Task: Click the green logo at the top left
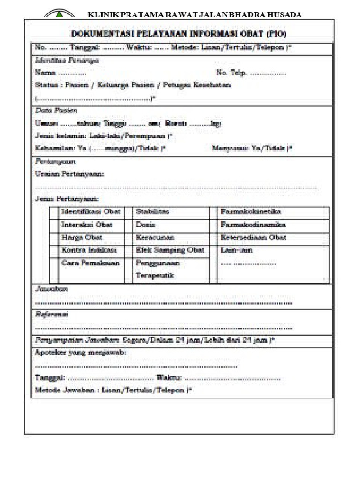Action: click(58, 14)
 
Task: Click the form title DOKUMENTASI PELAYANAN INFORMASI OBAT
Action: click(179, 33)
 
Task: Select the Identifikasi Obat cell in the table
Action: click(91, 212)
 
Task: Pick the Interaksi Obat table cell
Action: click(87, 225)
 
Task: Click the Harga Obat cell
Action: click(82, 237)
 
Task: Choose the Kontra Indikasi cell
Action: click(89, 250)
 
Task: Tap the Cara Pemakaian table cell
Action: click(91, 263)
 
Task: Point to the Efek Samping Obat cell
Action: click(170, 250)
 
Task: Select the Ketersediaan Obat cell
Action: click(254, 237)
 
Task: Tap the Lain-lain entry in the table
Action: click(237, 250)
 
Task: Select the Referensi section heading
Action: click(52, 315)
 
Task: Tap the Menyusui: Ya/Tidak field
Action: click(252, 148)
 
